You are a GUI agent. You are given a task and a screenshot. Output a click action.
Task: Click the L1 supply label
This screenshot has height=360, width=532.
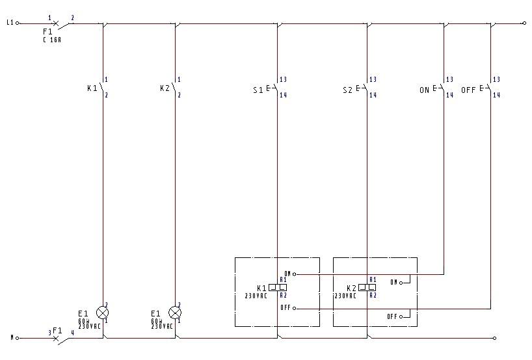pyautogui.click(x=10, y=23)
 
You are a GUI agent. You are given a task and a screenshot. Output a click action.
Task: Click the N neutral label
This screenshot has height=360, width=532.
pyautogui.click(x=11, y=338)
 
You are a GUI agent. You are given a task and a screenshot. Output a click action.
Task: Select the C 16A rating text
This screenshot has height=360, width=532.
pyautogui.click(x=52, y=39)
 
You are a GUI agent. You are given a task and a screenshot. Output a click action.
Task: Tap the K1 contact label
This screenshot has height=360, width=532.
pyautogui.click(x=92, y=88)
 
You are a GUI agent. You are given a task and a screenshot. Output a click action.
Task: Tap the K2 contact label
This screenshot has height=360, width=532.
pyautogui.click(x=165, y=88)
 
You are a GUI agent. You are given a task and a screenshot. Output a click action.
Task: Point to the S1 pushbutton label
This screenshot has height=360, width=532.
pyautogui.click(x=258, y=90)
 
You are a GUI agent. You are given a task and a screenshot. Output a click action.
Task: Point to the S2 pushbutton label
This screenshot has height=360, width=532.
pyautogui.click(x=347, y=90)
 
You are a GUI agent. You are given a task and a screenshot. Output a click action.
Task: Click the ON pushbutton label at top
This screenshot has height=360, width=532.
pyautogui.click(x=424, y=90)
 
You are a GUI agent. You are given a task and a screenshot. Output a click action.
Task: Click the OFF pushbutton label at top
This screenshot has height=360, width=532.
pyautogui.click(x=468, y=90)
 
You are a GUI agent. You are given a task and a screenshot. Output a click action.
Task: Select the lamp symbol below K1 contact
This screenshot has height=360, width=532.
pyautogui.click(x=103, y=313)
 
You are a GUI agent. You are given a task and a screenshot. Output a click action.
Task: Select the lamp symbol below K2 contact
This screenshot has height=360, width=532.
pyautogui.click(x=175, y=313)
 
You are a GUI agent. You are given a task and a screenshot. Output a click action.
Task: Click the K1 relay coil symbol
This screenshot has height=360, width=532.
pyautogui.click(x=278, y=287)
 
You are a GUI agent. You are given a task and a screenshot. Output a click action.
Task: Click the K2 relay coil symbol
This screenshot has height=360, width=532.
pyautogui.click(x=368, y=287)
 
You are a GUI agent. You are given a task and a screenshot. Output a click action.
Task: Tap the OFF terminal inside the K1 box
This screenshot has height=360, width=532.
pyautogui.click(x=286, y=308)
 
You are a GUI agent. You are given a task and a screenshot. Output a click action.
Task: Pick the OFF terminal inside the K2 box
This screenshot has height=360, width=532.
pyautogui.click(x=393, y=316)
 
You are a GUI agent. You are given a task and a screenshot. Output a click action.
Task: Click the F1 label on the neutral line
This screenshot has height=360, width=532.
pyautogui.click(x=57, y=331)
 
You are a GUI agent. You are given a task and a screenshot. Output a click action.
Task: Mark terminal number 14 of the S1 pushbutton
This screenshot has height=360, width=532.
pyautogui.click(x=283, y=95)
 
